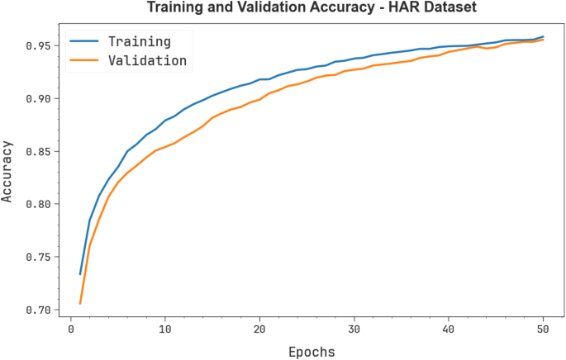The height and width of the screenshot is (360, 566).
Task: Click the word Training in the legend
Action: click(x=139, y=41)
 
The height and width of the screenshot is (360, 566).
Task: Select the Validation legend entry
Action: click(x=148, y=60)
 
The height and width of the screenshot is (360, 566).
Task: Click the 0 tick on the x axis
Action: click(x=71, y=330)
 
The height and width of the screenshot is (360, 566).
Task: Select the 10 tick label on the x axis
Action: click(x=165, y=330)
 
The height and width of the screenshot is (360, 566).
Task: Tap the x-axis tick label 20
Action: click(x=259, y=330)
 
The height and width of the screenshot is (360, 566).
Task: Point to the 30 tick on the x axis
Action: click(x=354, y=330)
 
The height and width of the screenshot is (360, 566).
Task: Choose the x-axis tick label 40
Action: click(x=449, y=330)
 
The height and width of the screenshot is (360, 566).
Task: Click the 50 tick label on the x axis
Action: click(x=543, y=330)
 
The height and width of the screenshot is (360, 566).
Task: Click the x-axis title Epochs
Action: click(x=312, y=352)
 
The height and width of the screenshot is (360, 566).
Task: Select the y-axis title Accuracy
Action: click(x=9, y=173)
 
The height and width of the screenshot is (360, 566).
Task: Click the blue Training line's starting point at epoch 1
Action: click(x=80, y=274)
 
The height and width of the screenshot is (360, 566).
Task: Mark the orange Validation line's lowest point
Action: click(x=80, y=304)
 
